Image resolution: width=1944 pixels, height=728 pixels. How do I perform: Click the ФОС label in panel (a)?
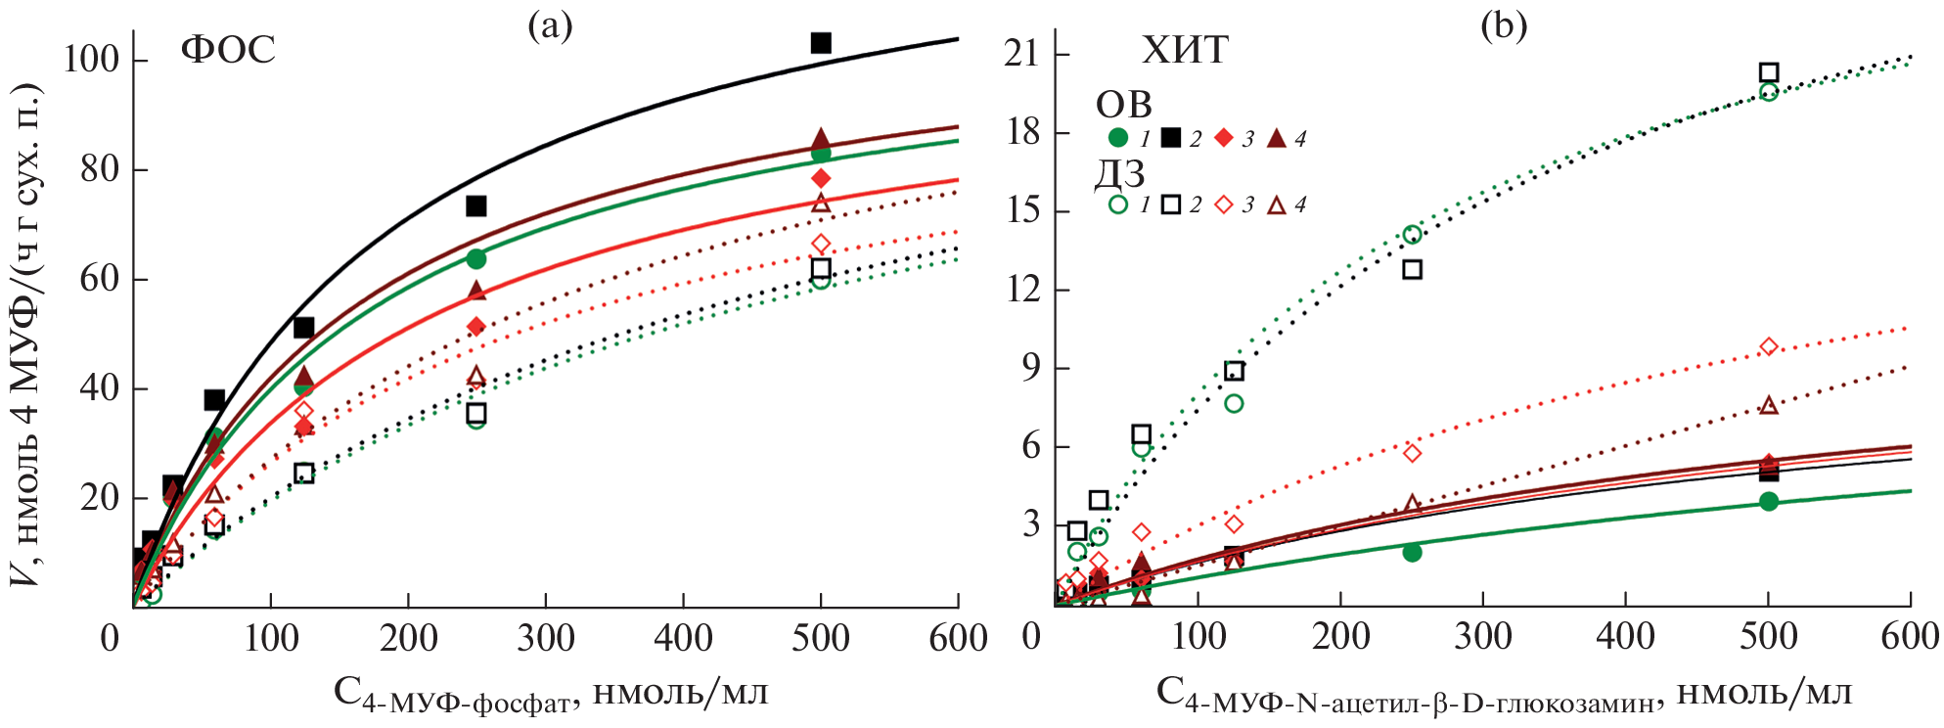pyautogui.click(x=228, y=49)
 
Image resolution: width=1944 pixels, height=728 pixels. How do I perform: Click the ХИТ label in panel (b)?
pyautogui.click(x=1185, y=49)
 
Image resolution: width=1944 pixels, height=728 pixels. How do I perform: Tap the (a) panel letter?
pyautogui.click(x=550, y=26)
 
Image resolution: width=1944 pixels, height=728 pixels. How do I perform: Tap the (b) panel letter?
pyautogui.click(x=1504, y=26)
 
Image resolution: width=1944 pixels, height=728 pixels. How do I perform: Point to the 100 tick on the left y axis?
pyautogui.click(x=91, y=60)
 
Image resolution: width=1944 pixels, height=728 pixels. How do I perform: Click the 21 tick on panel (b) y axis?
pyautogui.click(x=1021, y=53)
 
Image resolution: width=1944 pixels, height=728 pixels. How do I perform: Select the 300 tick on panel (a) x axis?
pyautogui.click(x=546, y=639)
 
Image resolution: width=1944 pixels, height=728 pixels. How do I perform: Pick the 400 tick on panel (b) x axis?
pyautogui.click(x=1625, y=637)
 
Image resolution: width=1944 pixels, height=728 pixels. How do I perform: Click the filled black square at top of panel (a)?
pyautogui.click(x=821, y=43)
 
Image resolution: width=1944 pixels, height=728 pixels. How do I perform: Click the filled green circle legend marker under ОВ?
pyautogui.click(x=1118, y=138)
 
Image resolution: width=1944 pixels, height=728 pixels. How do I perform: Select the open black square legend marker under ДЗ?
pyautogui.click(x=1170, y=205)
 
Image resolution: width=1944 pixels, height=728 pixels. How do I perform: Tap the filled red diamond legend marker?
pyautogui.click(x=1223, y=138)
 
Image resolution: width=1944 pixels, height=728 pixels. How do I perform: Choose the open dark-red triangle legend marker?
pyautogui.click(x=1276, y=205)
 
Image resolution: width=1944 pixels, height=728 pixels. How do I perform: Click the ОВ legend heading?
pyautogui.click(x=1124, y=105)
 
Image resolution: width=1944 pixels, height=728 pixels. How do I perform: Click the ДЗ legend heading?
pyautogui.click(x=1120, y=173)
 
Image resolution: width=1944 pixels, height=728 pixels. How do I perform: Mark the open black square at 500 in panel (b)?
pyautogui.click(x=1768, y=72)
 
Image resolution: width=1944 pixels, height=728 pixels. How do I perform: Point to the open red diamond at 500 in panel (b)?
pyautogui.click(x=1768, y=347)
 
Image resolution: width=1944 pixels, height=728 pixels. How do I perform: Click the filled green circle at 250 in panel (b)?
pyautogui.click(x=1412, y=553)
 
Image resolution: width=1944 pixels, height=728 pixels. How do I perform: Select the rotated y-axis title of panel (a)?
pyautogui.click(x=26, y=333)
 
